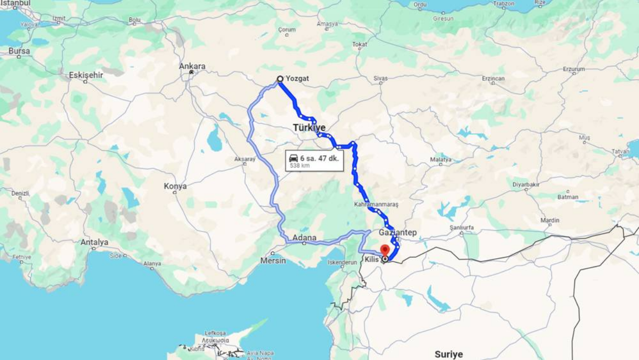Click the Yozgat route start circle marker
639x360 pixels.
pyautogui.click(x=280, y=79)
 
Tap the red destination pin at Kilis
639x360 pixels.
pyautogui.click(x=385, y=250)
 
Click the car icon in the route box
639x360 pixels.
pyautogui.click(x=294, y=158)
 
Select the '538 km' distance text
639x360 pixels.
pyautogui.click(x=300, y=166)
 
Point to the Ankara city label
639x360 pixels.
pyautogui.click(x=192, y=66)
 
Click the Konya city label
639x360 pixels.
pyautogui.click(x=175, y=186)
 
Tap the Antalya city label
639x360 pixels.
pyautogui.click(x=94, y=242)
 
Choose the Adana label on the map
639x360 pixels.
pyautogui.click(x=305, y=238)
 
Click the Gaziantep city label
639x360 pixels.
pyautogui.click(x=397, y=233)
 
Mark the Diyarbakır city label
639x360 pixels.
pyautogui.click(x=526, y=185)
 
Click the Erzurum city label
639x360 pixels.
pyautogui.click(x=574, y=69)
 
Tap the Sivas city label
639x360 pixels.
pyautogui.click(x=380, y=79)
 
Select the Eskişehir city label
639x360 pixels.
pyautogui.click(x=86, y=75)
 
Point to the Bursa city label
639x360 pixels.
pyautogui.click(x=19, y=51)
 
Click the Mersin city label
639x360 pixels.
pyautogui.click(x=273, y=261)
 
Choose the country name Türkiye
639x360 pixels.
pyautogui.click(x=309, y=128)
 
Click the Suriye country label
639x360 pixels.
pyautogui.click(x=448, y=355)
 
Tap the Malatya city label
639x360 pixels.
pyautogui.click(x=440, y=160)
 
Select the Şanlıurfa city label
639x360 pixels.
pyautogui.click(x=461, y=227)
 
